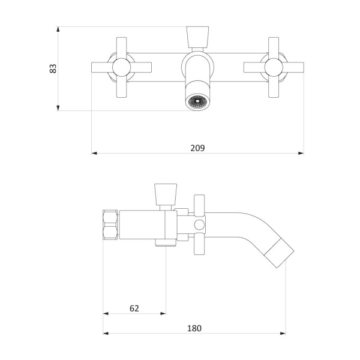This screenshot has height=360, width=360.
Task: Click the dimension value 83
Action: pyautogui.click(x=53, y=68)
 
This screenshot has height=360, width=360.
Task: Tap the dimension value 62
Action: pyautogui.click(x=134, y=308)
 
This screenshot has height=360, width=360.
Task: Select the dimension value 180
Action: pyautogui.click(x=194, y=328)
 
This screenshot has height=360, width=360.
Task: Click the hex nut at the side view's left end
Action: pyautogui.click(x=111, y=224)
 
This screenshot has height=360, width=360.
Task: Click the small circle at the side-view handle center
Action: pyautogui.click(x=200, y=226)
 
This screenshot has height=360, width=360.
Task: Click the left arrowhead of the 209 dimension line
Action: pyautogui.click(x=94, y=153)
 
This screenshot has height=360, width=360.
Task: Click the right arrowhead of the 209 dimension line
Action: pyautogui.click(x=301, y=153)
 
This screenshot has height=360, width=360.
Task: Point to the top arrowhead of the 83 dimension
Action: pyautogui.click(x=58, y=29)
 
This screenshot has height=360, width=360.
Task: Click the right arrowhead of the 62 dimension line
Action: pyautogui.click(x=163, y=313)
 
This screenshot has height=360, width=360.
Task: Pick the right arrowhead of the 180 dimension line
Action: pyautogui.click(x=283, y=333)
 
